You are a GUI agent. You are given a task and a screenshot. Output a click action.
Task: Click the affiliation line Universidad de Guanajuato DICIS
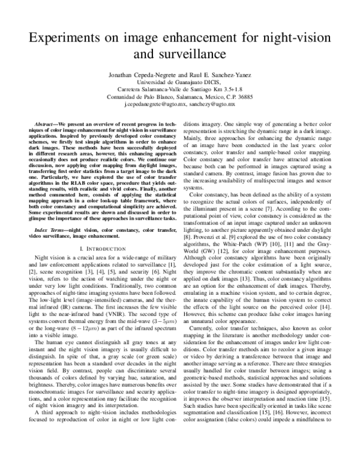coord(179,82)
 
